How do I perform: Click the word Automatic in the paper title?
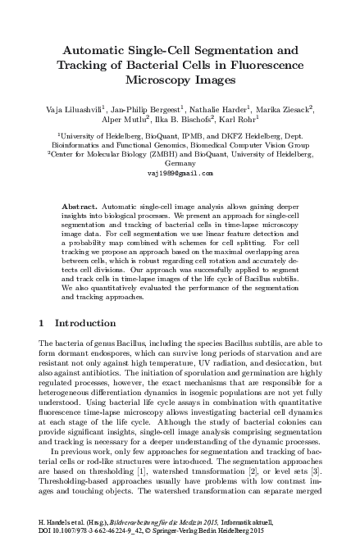[102, 51]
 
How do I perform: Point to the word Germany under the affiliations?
[180, 163]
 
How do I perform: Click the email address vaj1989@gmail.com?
[180, 173]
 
